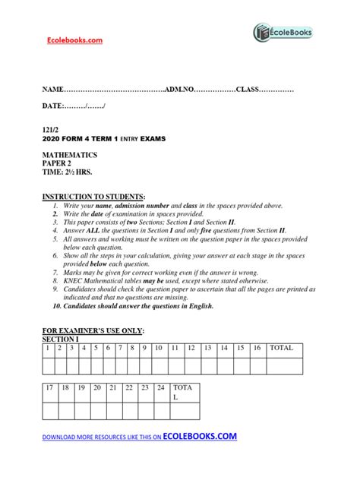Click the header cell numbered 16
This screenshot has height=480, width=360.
(257, 348)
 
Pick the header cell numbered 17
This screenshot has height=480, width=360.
(50, 388)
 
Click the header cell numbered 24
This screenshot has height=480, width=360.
(160, 388)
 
